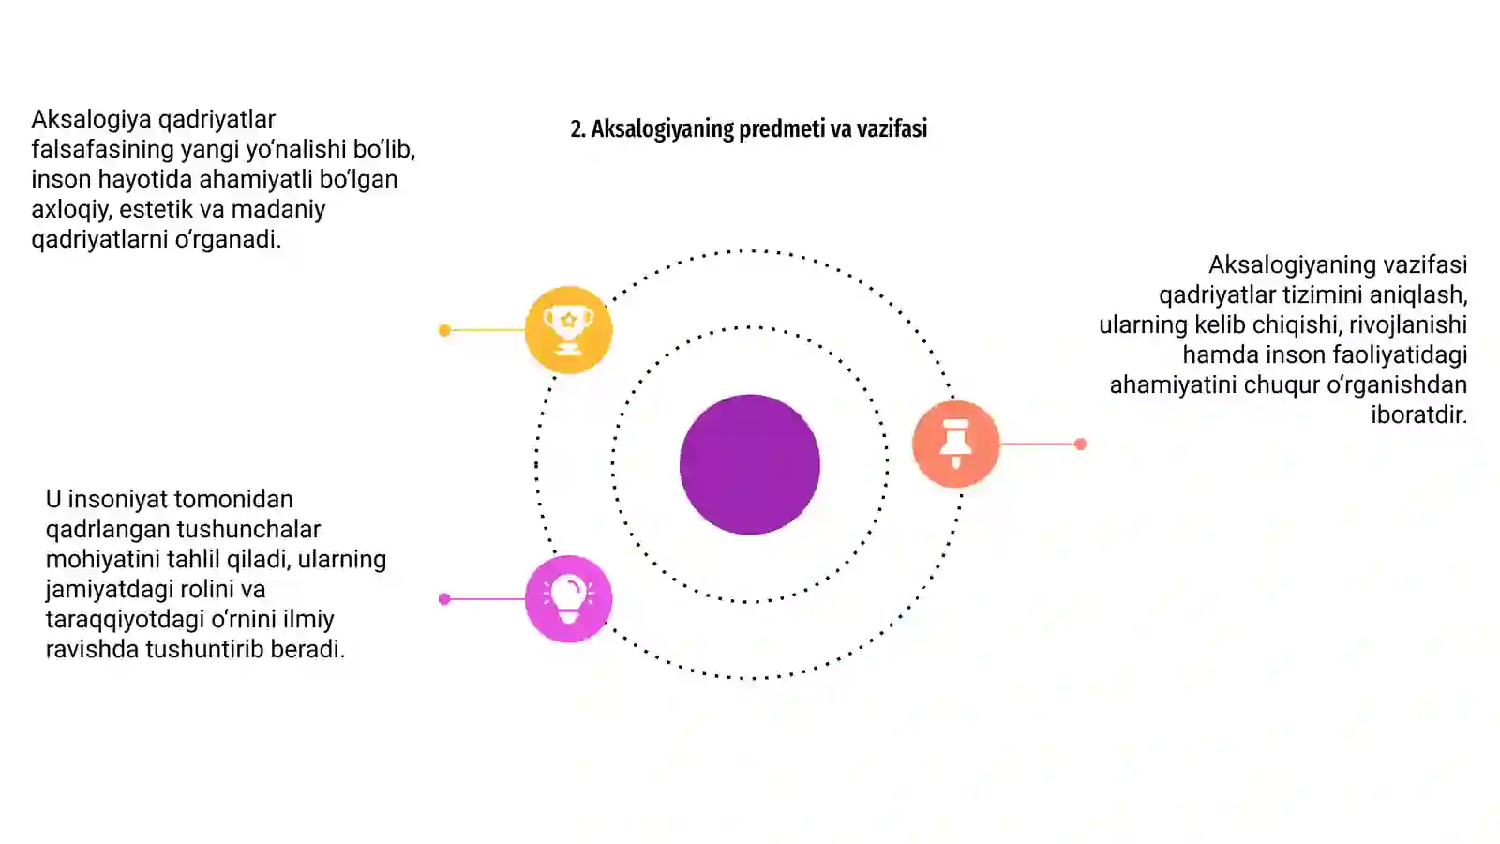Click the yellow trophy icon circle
568,329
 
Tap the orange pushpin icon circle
955,444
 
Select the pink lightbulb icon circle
568,599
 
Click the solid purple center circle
750,464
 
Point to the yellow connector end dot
444,330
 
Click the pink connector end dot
444,599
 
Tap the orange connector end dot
1080,444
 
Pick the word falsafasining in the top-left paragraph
103,149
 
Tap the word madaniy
278,210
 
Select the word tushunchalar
248,529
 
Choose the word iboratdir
1419,414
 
